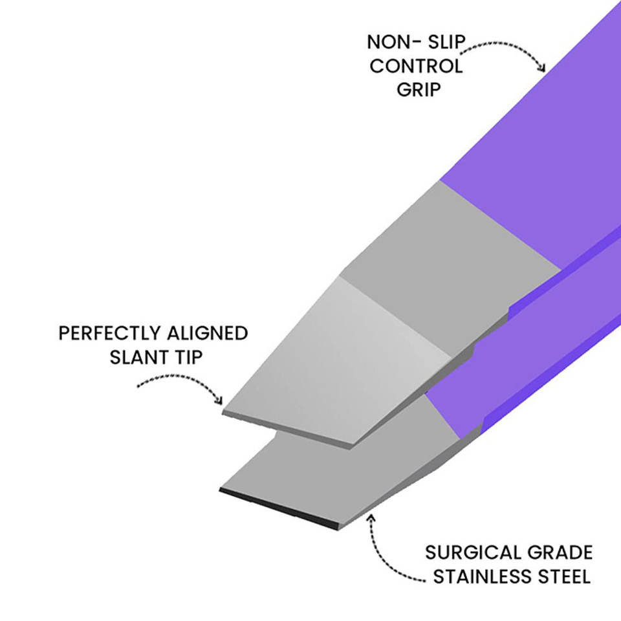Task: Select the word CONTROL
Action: (416, 66)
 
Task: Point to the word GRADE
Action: (558, 553)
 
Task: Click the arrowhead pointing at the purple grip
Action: (542, 67)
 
